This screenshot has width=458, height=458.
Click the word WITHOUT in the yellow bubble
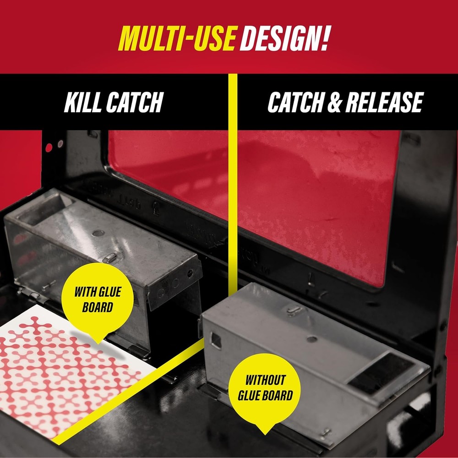coord(265,380)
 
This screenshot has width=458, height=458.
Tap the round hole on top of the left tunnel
coord(98,233)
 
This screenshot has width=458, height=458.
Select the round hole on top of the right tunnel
coord(312,339)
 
